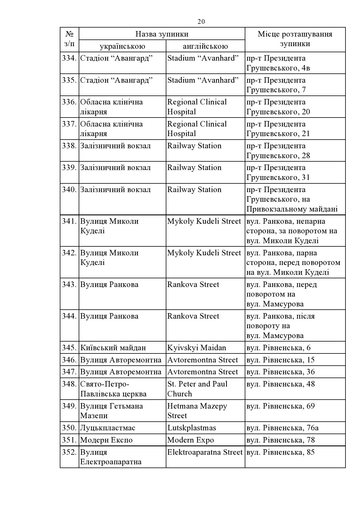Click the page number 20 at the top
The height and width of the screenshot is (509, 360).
point(201,22)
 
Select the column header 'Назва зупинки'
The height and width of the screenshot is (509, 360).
point(162,34)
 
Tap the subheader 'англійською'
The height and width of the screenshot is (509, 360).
point(205,46)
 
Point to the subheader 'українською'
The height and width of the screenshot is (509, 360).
point(122,46)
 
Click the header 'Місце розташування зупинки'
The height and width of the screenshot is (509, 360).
point(295,39)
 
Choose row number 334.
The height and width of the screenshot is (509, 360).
point(69,58)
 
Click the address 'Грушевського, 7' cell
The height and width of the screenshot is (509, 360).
point(276,90)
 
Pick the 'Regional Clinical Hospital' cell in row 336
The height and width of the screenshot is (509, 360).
point(197,107)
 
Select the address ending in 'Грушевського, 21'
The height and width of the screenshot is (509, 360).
point(278,134)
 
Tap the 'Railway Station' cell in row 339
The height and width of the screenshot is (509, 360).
point(194,168)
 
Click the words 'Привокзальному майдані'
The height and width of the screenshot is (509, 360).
point(292,209)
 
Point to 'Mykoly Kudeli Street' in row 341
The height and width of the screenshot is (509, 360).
point(204,221)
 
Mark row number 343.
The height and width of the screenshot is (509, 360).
point(69,285)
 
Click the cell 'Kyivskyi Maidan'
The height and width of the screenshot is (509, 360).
point(197,348)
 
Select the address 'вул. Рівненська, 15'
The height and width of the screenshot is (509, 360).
point(280,360)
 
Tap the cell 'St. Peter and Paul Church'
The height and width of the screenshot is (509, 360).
point(197,389)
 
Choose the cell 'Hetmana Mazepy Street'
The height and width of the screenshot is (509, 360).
point(197,411)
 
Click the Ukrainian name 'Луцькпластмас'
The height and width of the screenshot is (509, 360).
point(107,428)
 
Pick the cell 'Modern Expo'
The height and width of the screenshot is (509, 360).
point(190,440)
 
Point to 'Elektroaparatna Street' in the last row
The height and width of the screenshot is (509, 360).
point(205,452)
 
